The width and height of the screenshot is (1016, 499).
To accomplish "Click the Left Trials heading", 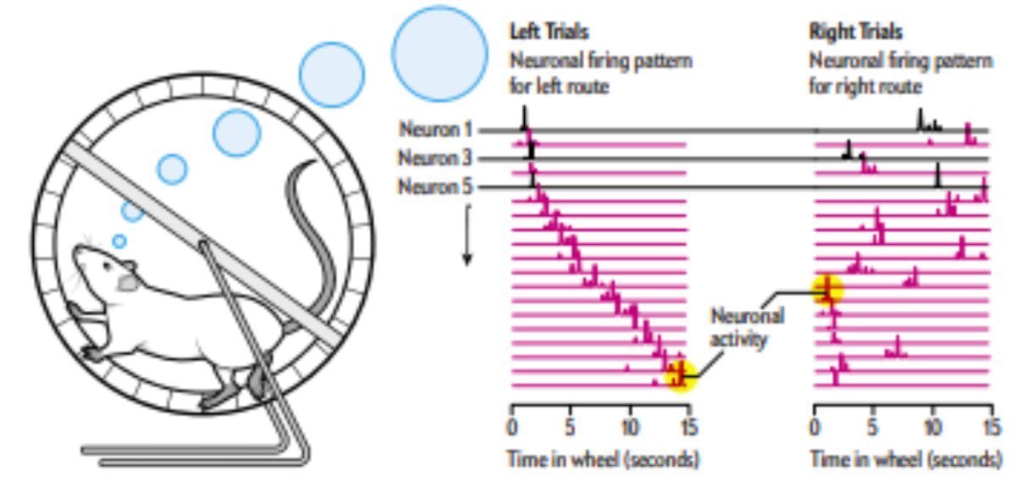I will pyautogui.click(x=548, y=33).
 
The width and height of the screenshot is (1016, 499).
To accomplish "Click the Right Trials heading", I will pyautogui.click(x=856, y=33).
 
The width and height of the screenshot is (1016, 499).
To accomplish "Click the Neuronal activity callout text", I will pyautogui.click(x=747, y=328).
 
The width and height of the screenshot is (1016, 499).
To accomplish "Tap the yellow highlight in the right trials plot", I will pyautogui.click(x=828, y=291).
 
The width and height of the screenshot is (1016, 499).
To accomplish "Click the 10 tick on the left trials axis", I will pyautogui.click(x=629, y=426).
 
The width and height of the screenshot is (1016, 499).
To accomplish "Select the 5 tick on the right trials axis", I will pyautogui.click(x=875, y=426).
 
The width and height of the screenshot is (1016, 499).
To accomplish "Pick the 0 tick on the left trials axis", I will pyautogui.click(x=511, y=426).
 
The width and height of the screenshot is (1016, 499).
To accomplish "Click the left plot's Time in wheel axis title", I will pyautogui.click(x=603, y=460).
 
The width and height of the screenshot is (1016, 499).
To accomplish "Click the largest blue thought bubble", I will pyautogui.click(x=439, y=53).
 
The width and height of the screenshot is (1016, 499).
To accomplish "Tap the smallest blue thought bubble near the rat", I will pyautogui.click(x=119, y=241).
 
